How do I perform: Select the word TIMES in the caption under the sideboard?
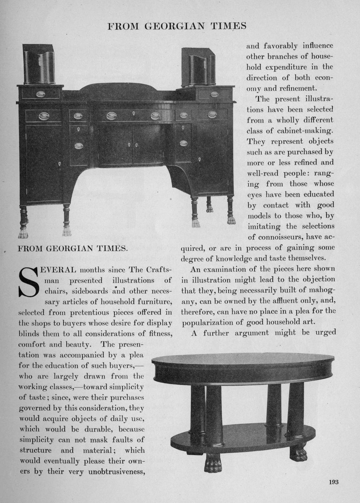112,249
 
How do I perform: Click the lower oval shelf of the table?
243,438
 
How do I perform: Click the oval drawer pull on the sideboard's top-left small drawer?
40,94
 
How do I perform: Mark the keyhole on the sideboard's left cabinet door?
59,163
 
